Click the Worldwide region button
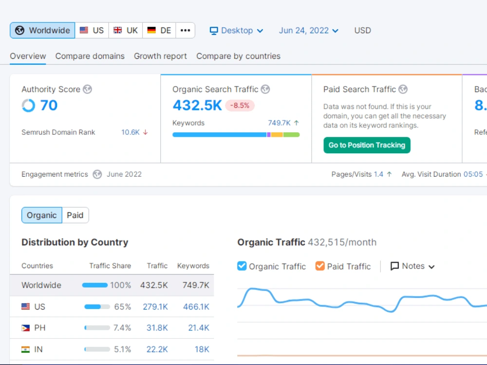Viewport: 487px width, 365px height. pos(42,30)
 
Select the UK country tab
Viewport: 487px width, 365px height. pos(126,30)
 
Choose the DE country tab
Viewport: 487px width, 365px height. pos(159,30)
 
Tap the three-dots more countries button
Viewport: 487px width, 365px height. pos(186,30)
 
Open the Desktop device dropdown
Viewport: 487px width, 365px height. pos(236,30)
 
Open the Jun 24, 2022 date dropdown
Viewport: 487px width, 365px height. pos(308,30)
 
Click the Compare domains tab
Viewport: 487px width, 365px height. pos(90,56)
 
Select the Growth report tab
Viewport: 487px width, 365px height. pos(160,56)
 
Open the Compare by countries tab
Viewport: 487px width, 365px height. pos(238,56)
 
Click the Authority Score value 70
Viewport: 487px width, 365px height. pos(49,105)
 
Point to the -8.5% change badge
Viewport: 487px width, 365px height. pos(240,106)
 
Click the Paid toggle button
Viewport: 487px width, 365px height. pos(75,215)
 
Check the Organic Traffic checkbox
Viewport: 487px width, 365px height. pos(242,266)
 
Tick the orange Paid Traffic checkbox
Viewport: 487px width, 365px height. pos(320,266)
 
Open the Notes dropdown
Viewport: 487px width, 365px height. pos(412,266)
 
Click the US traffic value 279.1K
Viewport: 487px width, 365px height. pos(155,307)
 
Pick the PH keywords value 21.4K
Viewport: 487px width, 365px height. pos(199,328)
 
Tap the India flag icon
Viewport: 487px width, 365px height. pos(25,349)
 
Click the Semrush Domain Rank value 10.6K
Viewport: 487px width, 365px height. pos(131,132)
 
